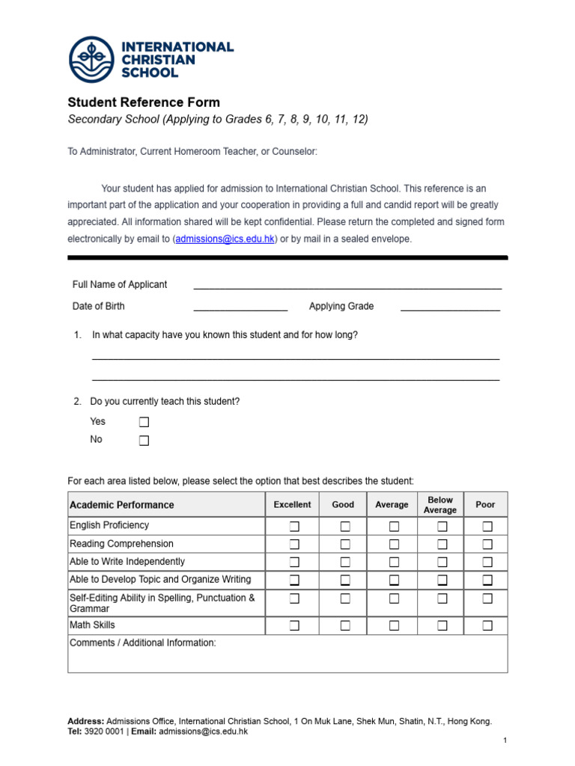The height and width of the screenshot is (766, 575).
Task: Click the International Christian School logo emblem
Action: click(92, 60)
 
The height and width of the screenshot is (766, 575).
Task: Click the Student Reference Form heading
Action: click(144, 102)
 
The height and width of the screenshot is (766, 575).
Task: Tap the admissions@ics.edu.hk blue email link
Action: click(225, 239)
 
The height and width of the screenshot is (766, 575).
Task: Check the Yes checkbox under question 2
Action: click(144, 423)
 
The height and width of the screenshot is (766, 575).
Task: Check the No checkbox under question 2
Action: click(144, 441)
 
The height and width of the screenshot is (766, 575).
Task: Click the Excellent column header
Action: click(292, 505)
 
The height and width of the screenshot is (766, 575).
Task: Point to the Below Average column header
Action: click(440, 505)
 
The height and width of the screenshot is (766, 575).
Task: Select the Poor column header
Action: click(485, 505)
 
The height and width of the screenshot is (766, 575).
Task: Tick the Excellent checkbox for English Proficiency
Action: click(294, 527)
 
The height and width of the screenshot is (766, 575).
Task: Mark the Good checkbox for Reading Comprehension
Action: click(345, 545)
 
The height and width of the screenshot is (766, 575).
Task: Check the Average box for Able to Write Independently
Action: click(394, 562)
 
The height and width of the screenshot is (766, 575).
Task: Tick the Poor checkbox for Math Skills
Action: click(487, 625)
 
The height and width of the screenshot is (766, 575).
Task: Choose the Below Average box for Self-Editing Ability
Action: click(442, 598)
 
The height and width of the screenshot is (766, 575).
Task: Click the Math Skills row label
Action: click(92, 625)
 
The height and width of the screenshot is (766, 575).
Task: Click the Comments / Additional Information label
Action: click(142, 643)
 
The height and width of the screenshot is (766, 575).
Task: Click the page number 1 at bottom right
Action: click(505, 741)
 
